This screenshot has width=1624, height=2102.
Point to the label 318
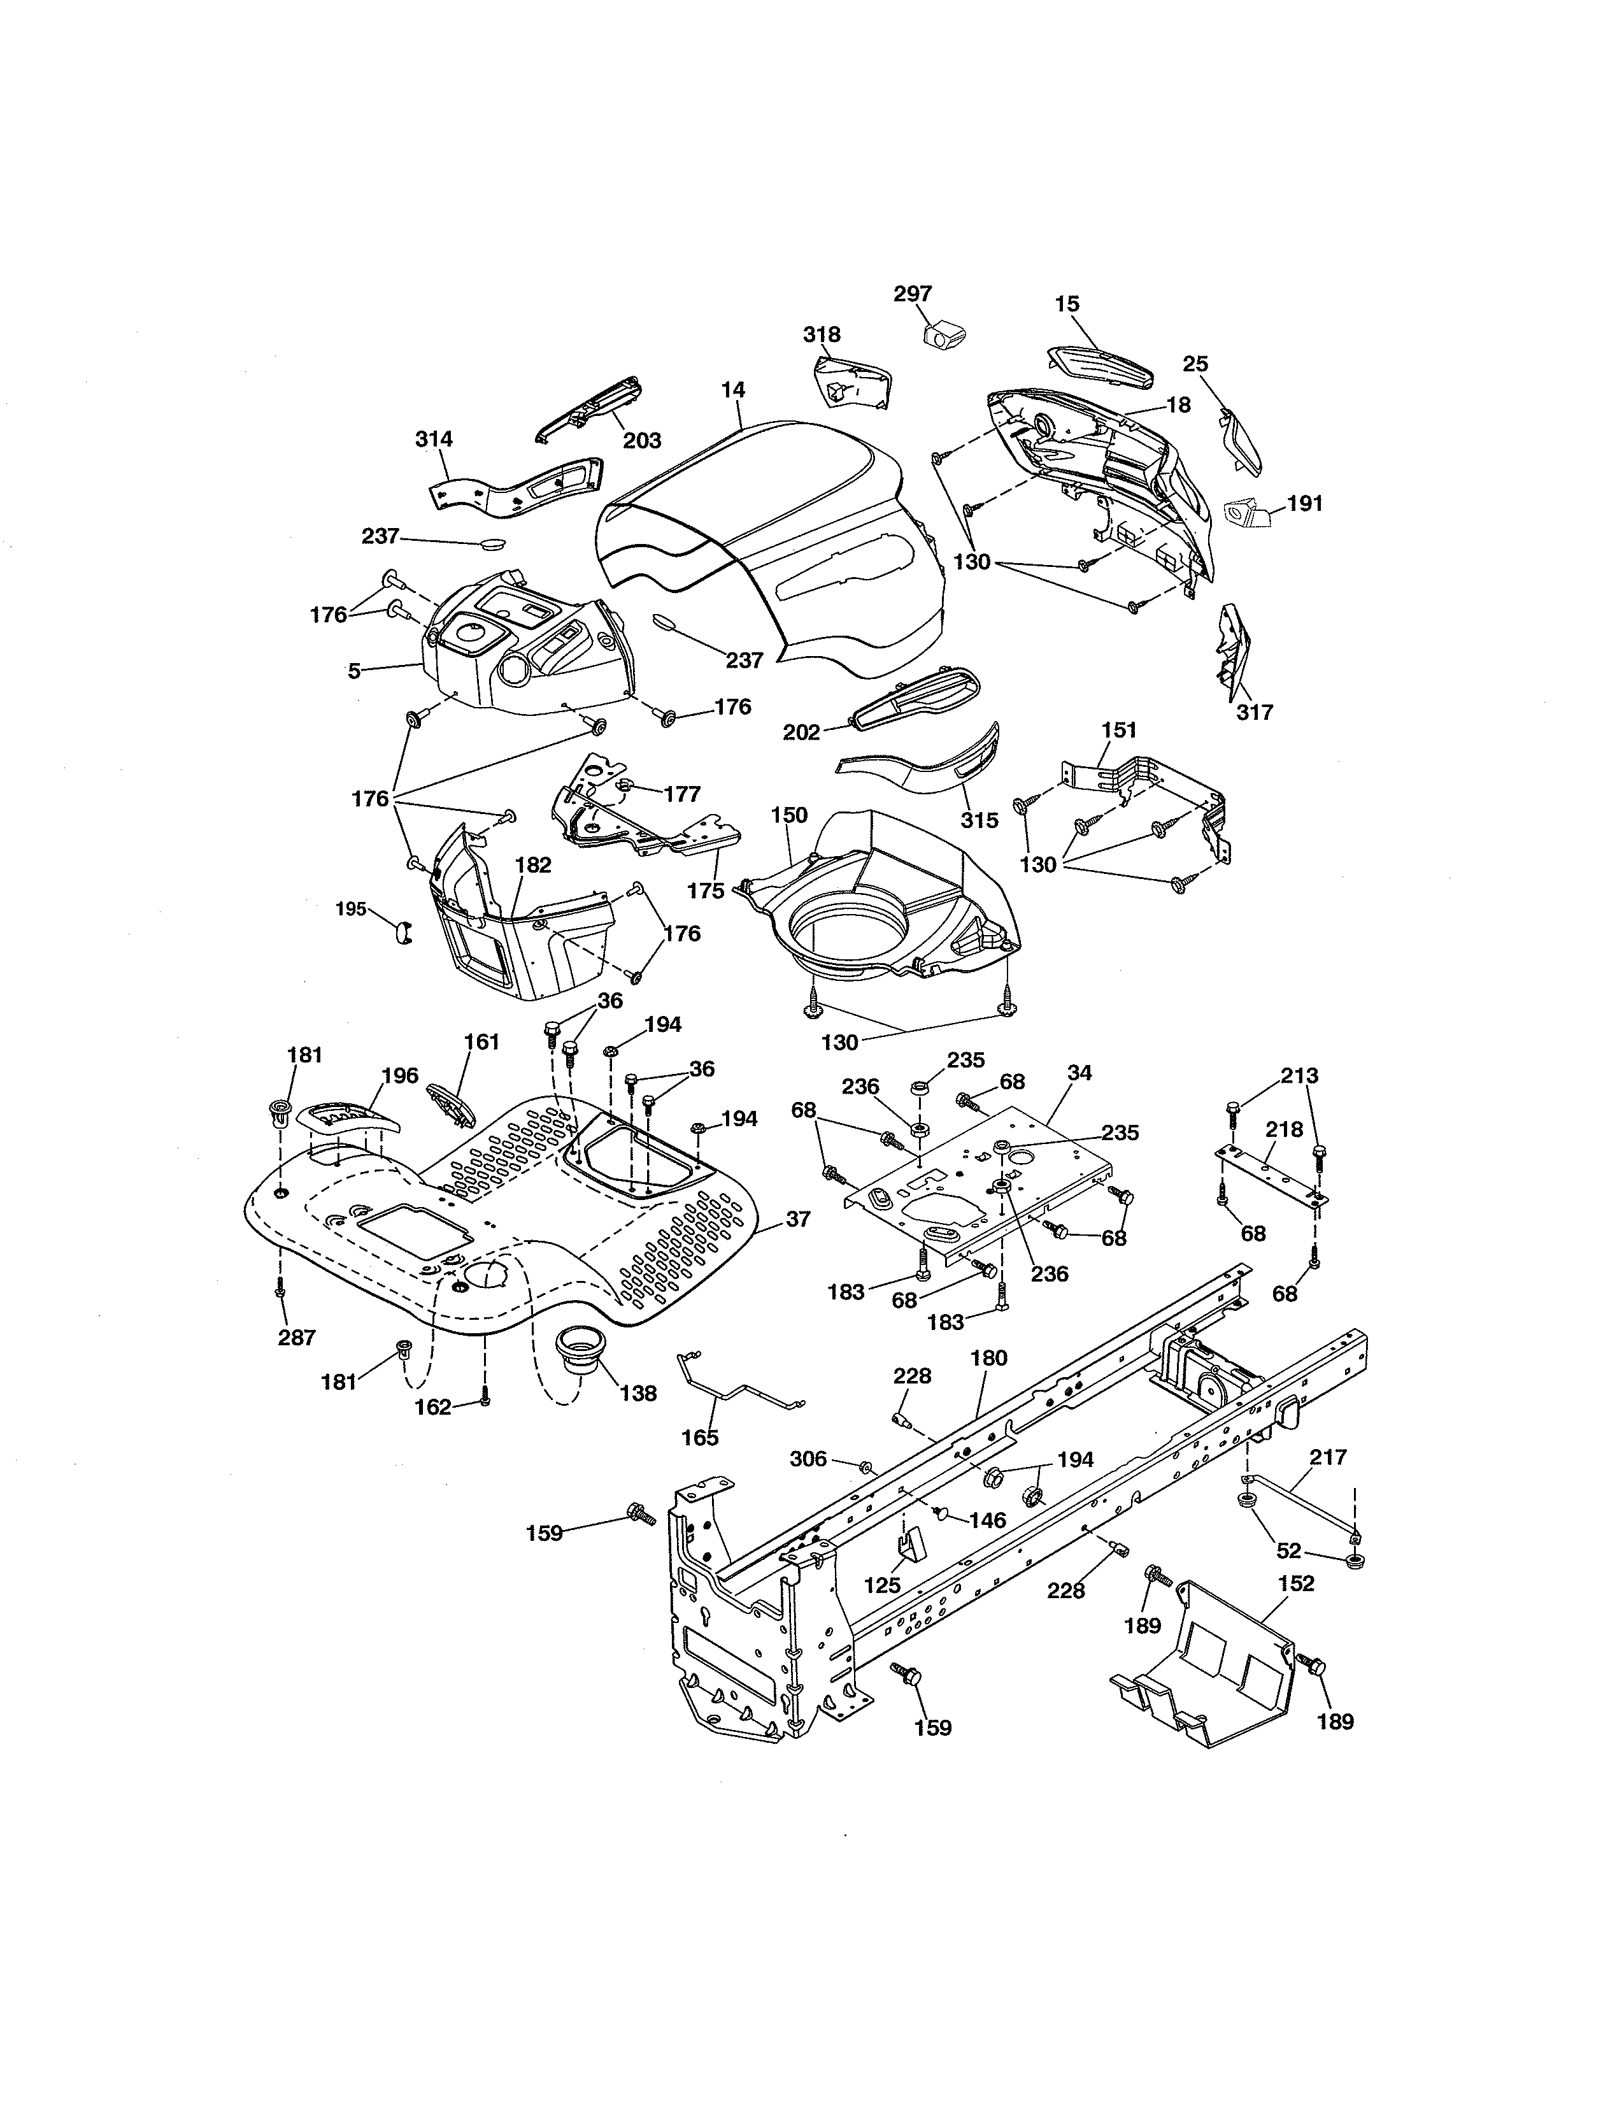[x=822, y=334]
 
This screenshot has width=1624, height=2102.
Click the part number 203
[x=642, y=440]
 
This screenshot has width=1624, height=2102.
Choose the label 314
[x=434, y=439]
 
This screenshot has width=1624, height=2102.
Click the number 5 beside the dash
[x=354, y=671]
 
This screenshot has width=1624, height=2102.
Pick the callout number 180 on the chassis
[x=989, y=1358]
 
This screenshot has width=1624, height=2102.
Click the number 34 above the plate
[x=1079, y=1072]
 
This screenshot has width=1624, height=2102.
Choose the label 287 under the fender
[x=296, y=1337]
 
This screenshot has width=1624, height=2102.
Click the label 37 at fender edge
[x=797, y=1219]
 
